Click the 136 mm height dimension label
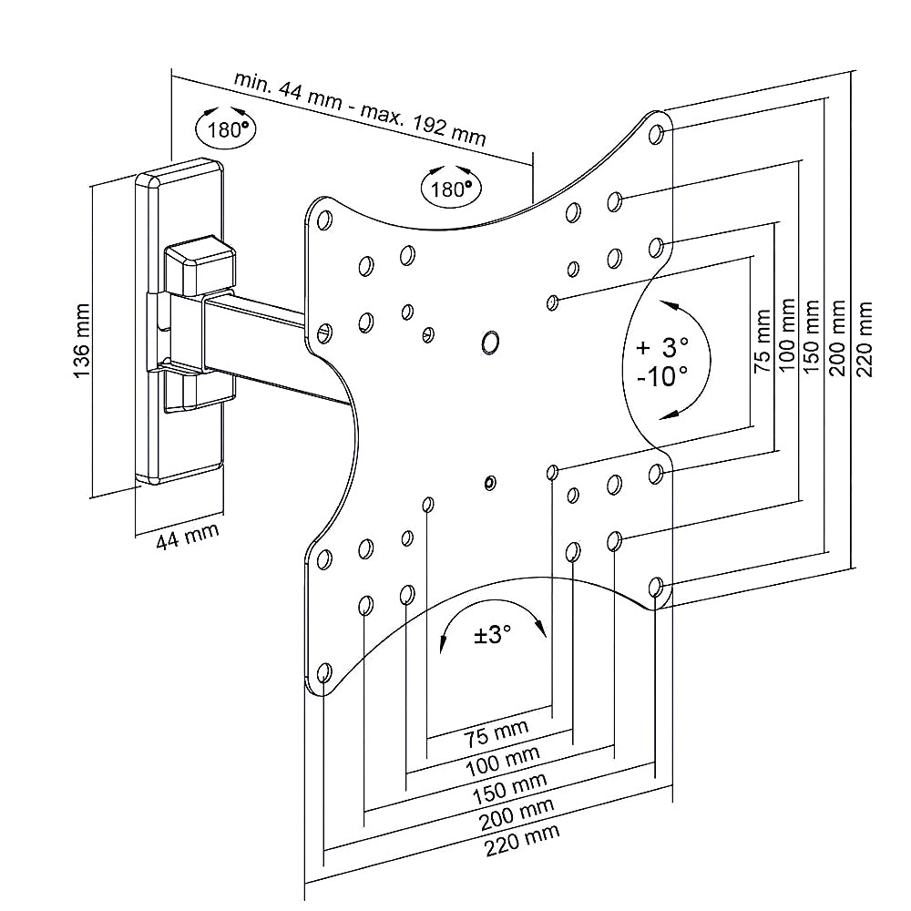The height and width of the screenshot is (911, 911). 82,340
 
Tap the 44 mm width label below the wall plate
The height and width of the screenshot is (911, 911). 187,536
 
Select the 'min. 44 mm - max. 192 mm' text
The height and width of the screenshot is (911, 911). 360,109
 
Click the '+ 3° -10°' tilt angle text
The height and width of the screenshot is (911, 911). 663,362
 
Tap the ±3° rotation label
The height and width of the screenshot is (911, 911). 492,634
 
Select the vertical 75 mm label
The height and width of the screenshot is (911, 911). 762,341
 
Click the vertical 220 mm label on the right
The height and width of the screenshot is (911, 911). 864,339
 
